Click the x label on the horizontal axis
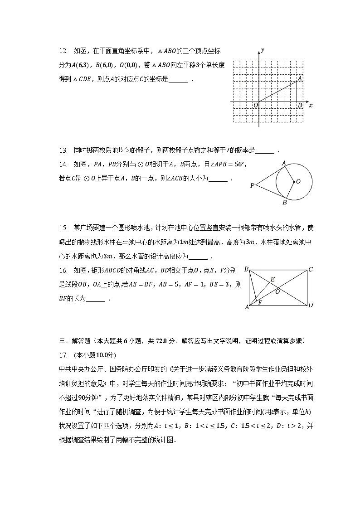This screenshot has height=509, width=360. (x=311, y=105)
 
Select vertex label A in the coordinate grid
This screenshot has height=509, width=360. (x=299, y=79)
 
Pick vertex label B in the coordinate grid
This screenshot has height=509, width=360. (x=300, y=106)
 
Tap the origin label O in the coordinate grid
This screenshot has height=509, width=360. (x=256, y=106)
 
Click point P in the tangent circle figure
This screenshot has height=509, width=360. (x=252, y=185)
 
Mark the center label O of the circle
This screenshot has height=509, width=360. (x=298, y=181)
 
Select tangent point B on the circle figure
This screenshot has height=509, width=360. (x=285, y=203)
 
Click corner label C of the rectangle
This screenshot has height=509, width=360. (x=311, y=270)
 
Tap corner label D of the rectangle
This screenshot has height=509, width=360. (x=311, y=305)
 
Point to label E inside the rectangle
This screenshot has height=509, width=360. (x=272, y=279)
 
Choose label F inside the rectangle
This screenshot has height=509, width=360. (x=260, y=302)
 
